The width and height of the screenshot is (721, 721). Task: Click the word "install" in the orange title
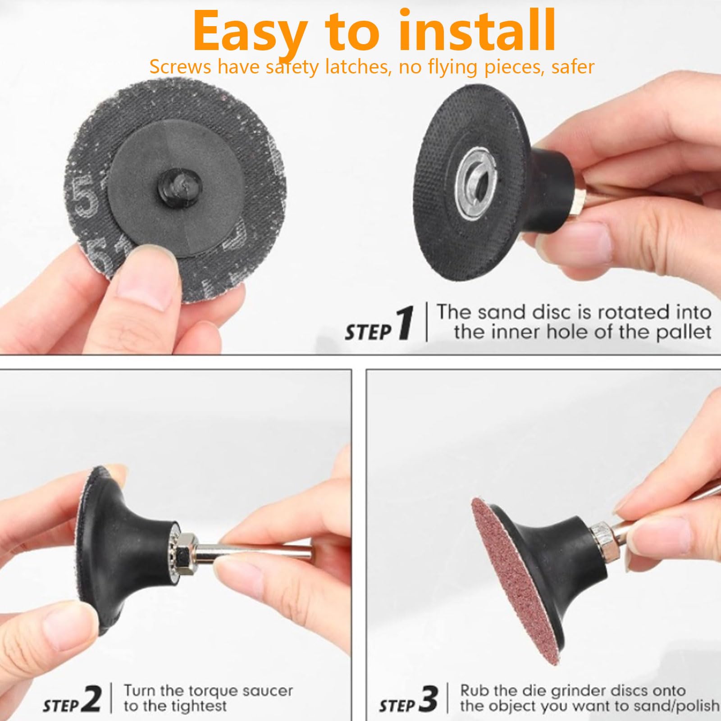click(x=477, y=31)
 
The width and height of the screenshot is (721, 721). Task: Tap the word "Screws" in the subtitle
click(x=180, y=67)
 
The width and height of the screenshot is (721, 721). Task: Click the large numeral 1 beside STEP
click(x=405, y=323)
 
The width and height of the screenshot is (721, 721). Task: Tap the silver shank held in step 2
click(x=252, y=555)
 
